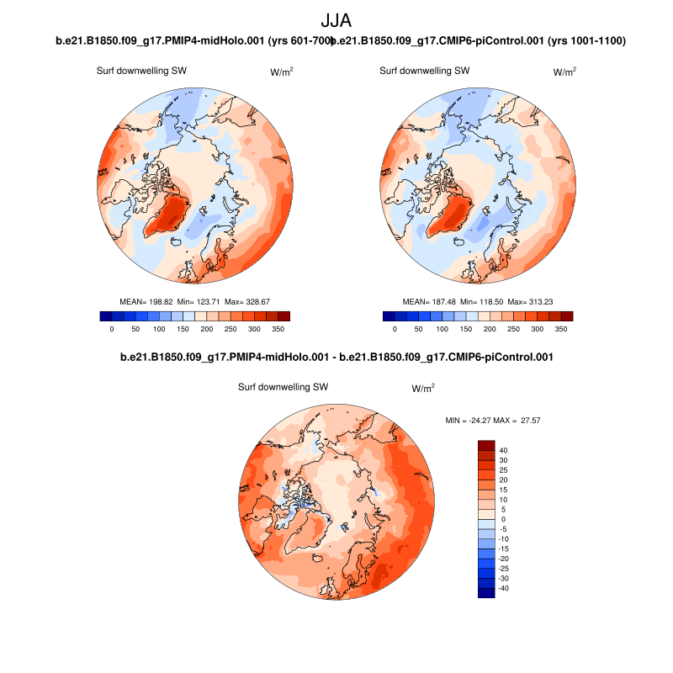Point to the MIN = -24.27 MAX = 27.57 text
coord(498,419)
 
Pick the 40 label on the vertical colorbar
coord(503,450)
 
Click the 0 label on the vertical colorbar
coord(503,519)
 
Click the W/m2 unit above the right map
coord(564,72)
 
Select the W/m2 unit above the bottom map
coord(423,389)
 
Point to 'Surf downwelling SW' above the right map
coord(424,72)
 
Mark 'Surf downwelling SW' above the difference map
coord(283,388)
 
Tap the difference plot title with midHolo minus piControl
coord(336,358)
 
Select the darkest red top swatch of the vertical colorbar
coord(486,445)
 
